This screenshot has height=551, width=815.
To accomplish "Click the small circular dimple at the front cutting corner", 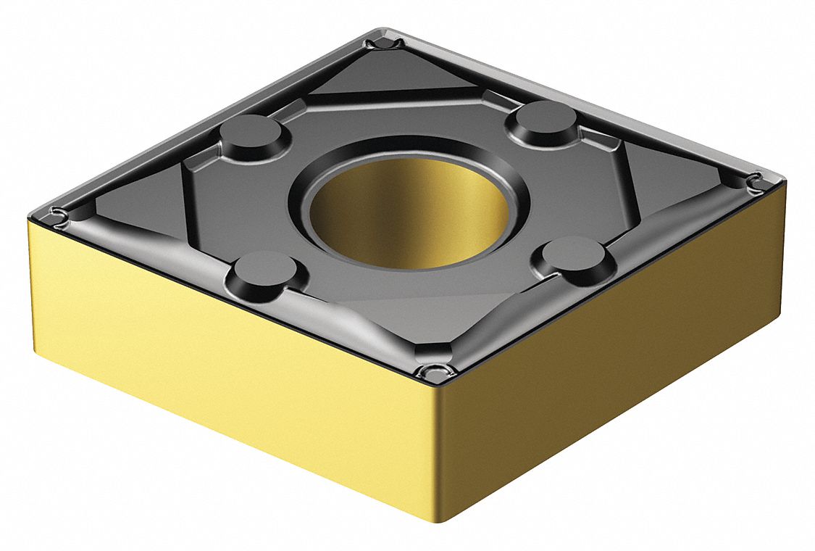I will [433, 372].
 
